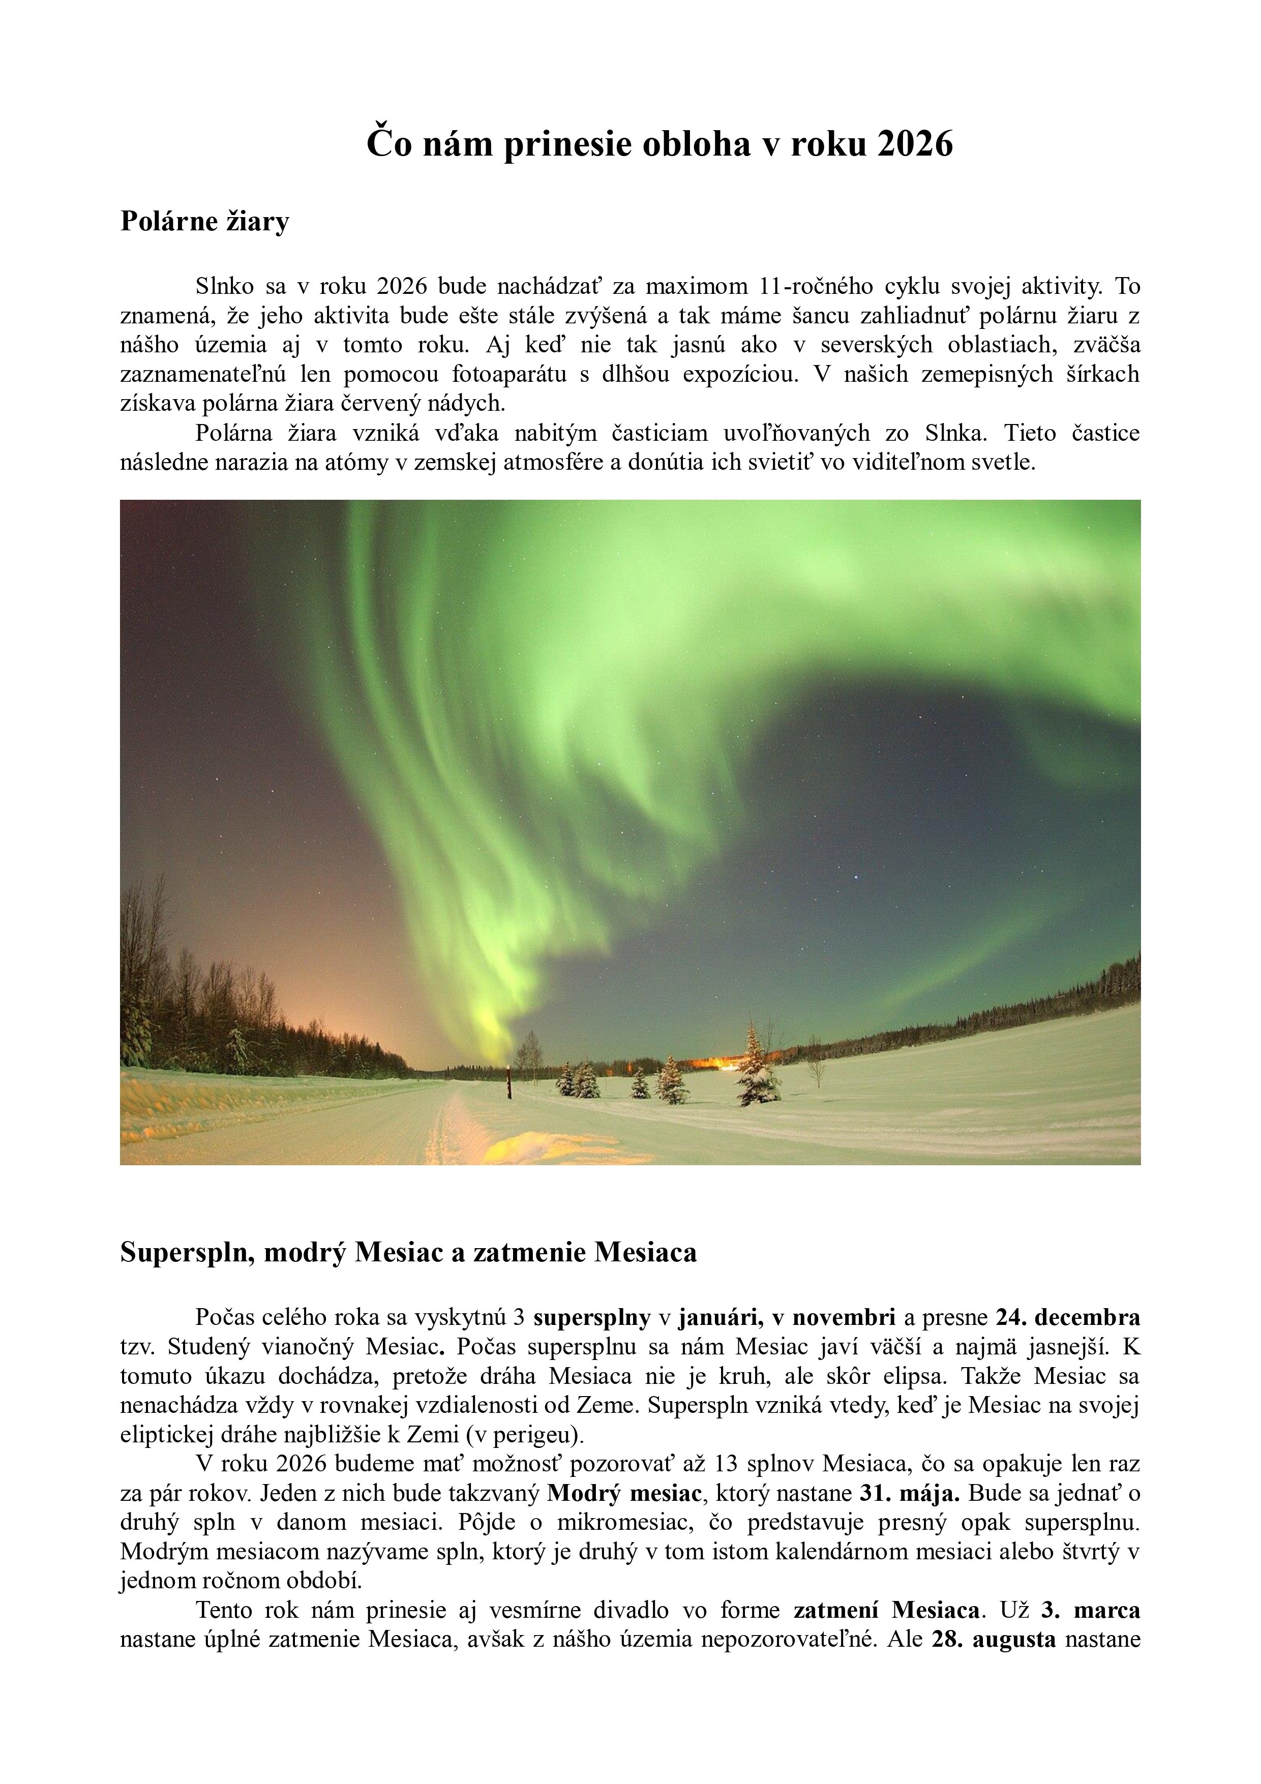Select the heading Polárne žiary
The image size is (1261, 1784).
pos(204,222)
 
